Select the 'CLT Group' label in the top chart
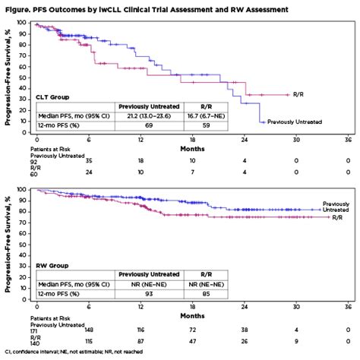pos(53,97)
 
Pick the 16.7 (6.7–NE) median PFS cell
pos(204,115)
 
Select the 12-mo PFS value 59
pos(204,124)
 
